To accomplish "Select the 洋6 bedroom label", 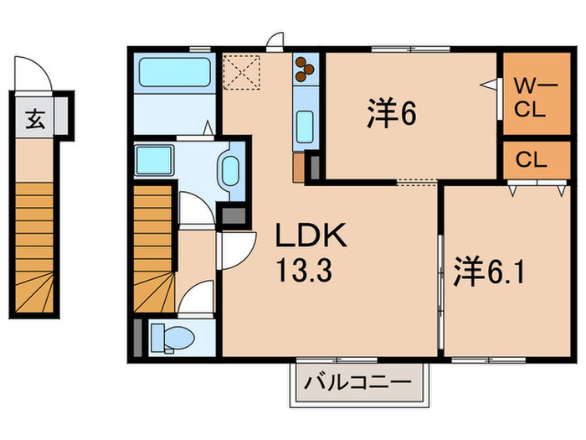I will pyautogui.click(x=391, y=116).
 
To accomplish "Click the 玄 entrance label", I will pyautogui.click(x=34, y=120).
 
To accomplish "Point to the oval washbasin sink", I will pyautogui.click(x=228, y=170).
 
